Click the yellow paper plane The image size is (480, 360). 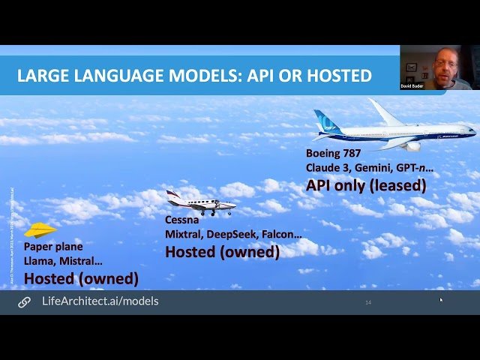coord(40,229)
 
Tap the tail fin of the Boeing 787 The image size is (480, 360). coord(327,121)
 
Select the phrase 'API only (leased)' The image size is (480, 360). coord(366,184)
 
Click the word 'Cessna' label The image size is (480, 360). coord(182,220)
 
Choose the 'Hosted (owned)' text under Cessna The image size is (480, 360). coord(222,252)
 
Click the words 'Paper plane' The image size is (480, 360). coord(53,246)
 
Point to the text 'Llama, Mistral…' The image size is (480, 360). coord(64,260)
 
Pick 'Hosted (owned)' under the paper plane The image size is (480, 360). coord(81,278)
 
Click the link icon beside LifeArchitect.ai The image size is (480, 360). coord(25,301)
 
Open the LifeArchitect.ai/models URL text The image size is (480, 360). coord(100,301)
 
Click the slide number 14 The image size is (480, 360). coord(368,302)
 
